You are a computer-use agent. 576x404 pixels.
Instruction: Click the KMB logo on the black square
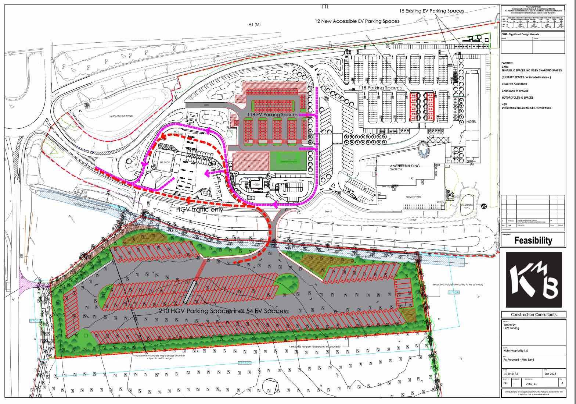534,280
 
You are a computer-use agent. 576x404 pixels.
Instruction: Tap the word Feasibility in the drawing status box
533,241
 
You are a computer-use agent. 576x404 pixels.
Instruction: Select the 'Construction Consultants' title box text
533,315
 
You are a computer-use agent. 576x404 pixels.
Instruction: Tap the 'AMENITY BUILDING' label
405,166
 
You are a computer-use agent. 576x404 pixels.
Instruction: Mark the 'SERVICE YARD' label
413,197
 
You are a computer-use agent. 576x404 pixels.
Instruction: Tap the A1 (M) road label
254,25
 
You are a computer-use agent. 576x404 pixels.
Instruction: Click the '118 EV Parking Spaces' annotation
272,115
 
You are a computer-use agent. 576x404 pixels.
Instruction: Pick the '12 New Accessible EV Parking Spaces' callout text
357,21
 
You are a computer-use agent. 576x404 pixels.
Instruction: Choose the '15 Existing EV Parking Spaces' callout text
431,11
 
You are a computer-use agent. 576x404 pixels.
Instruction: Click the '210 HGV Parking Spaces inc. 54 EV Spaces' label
222,311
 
